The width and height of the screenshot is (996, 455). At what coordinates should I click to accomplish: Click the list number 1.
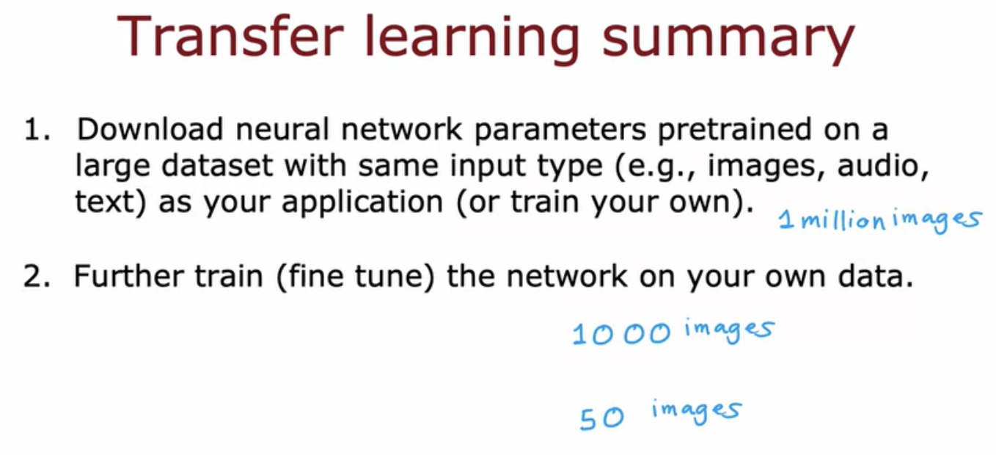tap(37, 130)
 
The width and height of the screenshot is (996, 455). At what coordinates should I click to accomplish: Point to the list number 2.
tap(37, 276)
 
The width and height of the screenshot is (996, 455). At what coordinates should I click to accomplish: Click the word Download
tap(150, 129)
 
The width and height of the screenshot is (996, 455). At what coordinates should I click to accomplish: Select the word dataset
tap(217, 165)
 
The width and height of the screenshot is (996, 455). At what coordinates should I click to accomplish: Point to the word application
tap(362, 203)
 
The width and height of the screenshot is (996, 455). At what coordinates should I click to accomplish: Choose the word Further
tap(128, 276)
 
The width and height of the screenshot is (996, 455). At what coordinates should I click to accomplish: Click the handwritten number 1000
tap(621, 334)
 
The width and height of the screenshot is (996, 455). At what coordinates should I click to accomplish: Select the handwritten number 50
tap(601, 418)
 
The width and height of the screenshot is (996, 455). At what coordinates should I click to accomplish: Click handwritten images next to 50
tap(696, 412)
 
